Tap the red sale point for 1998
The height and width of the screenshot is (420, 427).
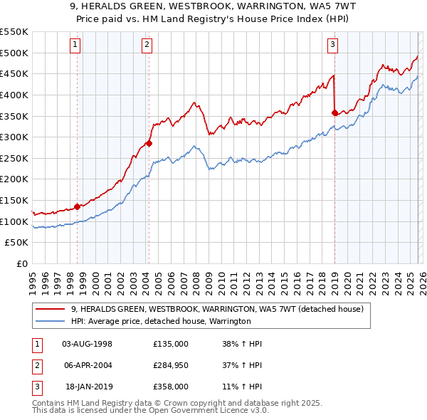tap(77, 207)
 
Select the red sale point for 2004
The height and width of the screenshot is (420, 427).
tap(149, 144)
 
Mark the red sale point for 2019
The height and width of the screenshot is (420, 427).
tap(334, 112)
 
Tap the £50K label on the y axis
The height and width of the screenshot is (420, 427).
tap(17, 243)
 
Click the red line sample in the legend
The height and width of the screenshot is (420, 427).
tap(51, 310)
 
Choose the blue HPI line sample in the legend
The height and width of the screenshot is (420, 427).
tap(51, 322)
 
